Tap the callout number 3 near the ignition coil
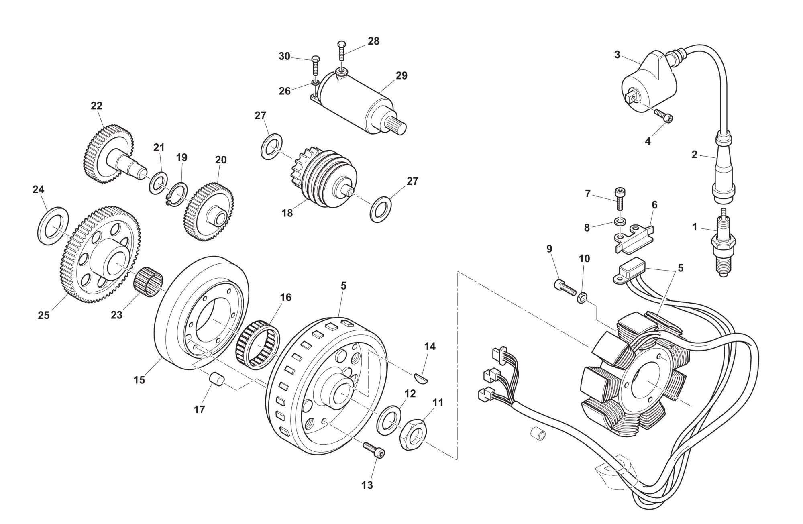click(x=618, y=55)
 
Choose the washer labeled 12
click(x=389, y=420)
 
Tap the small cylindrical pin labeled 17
click(x=217, y=379)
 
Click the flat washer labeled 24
click(x=53, y=226)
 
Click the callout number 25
click(x=44, y=315)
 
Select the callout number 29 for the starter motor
click(x=401, y=76)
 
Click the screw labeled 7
click(x=620, y=199)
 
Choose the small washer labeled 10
click(x=581, y=298)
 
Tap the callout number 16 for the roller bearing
click(x=285, y=298)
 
